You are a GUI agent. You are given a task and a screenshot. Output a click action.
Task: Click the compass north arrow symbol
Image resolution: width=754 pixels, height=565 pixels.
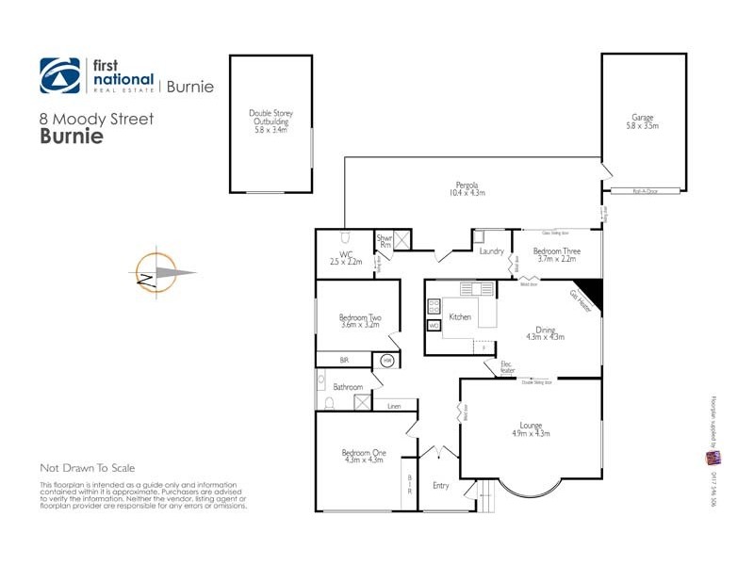click(154, 273)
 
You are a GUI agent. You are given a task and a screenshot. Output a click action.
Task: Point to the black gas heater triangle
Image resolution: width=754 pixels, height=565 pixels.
click(589, 289)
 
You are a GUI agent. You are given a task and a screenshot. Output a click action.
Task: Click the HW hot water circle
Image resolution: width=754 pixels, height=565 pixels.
click(387, 360)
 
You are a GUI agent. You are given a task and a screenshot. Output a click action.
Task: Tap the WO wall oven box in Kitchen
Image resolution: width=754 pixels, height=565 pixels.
click(434, 325)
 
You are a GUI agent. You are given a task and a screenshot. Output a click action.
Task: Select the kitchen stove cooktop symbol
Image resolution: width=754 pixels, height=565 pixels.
click(434, 306)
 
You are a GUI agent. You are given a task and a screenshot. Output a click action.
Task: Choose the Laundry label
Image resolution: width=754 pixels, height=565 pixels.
click(491, 251)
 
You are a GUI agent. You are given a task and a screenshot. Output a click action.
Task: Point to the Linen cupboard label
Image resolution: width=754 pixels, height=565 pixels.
click(394, 406)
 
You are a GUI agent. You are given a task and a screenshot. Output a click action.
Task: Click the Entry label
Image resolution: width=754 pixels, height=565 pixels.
click(440, 486)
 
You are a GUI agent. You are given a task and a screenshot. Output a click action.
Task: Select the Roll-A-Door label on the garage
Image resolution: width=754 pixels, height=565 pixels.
click(645, 191)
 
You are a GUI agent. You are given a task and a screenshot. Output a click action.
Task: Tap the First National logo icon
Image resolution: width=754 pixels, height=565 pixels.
click(60, 75)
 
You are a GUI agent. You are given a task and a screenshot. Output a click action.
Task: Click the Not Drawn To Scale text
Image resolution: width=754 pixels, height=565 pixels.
click(88, 468)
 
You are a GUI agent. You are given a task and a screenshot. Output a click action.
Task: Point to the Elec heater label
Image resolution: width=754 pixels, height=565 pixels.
click(506, 367)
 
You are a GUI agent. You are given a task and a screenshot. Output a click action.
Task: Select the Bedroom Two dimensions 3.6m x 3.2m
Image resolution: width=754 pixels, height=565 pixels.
click(358, 325)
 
